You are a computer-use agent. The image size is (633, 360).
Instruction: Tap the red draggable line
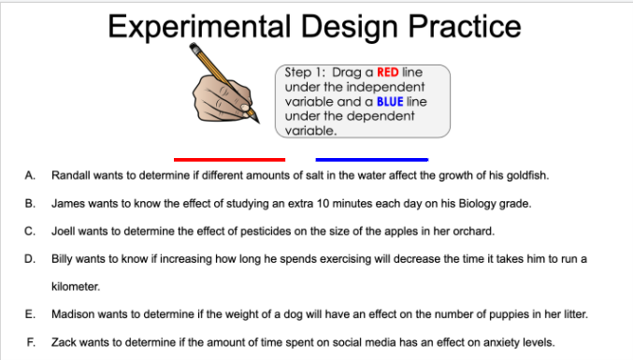pos(229,160)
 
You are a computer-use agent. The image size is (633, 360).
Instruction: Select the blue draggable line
pos(371,160)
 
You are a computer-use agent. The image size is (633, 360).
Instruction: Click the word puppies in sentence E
pos(482,314)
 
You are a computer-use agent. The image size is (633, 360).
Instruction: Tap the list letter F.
pos(31,342)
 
